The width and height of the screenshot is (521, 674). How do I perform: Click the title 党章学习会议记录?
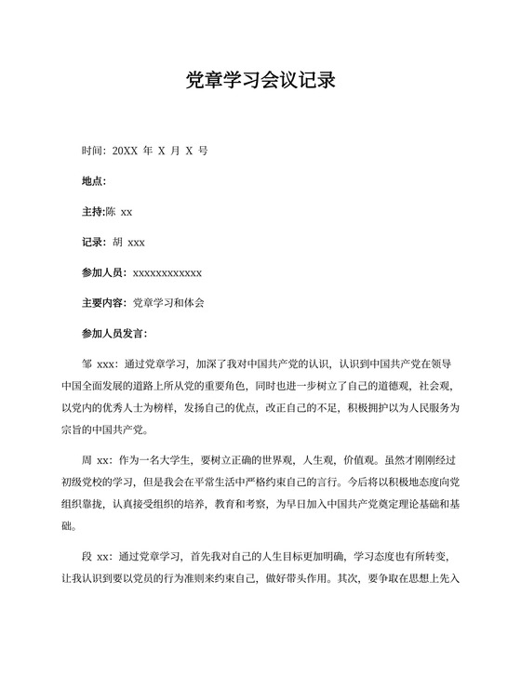260,80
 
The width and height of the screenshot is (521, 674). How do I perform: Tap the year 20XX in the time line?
124,150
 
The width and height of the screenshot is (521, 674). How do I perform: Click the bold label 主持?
92,211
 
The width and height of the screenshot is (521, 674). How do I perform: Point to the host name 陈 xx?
120,211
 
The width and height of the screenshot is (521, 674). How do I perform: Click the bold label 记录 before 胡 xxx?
92,242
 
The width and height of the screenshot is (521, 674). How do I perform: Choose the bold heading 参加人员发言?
113,333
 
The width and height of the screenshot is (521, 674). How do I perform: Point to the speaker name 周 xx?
97,460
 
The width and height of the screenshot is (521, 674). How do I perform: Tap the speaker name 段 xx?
97,557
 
